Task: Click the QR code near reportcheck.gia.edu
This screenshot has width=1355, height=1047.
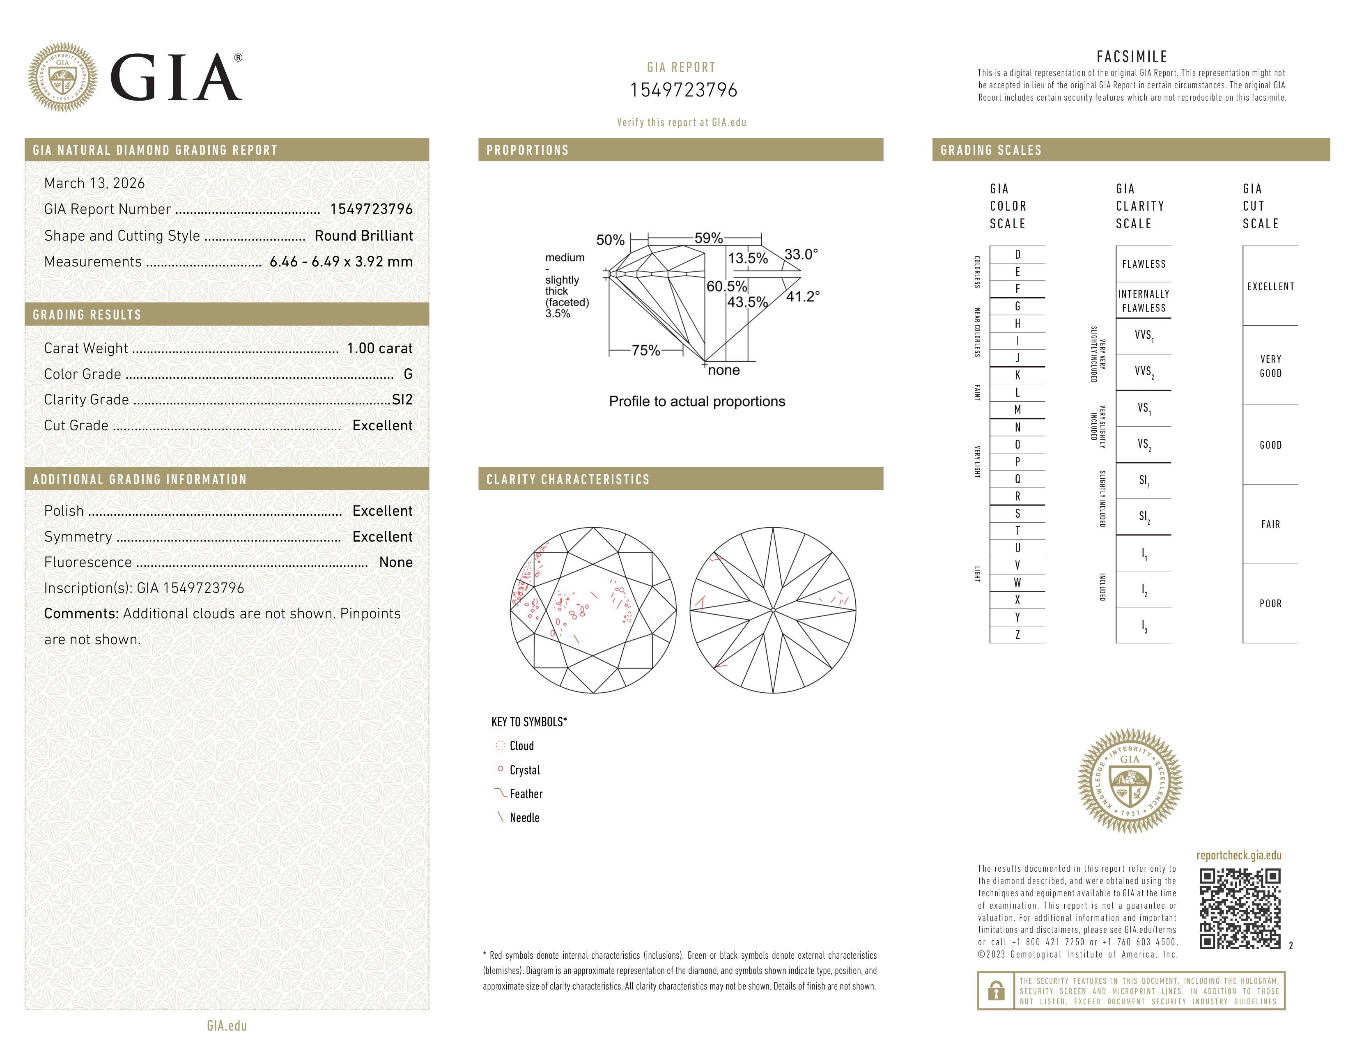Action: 1240,909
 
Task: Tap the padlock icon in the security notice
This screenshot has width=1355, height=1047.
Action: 996,991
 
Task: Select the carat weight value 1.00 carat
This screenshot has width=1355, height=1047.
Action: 379,348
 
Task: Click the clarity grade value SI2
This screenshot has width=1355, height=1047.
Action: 402,400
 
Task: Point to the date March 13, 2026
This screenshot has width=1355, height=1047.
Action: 94,183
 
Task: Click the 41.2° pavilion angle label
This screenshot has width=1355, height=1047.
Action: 802,296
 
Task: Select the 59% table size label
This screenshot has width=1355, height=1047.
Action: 708,238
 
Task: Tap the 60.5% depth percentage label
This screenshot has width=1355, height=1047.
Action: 726,286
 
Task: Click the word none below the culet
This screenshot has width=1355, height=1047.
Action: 723,370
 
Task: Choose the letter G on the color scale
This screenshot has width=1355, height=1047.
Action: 1017,306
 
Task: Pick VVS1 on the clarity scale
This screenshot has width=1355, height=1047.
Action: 1144,335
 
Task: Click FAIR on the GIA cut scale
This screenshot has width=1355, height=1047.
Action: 1270,524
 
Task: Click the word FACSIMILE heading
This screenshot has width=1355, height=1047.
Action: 1132,56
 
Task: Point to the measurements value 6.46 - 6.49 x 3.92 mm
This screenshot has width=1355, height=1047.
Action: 341,262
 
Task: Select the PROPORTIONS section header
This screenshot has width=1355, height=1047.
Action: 527,150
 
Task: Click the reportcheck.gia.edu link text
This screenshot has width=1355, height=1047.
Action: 1238,855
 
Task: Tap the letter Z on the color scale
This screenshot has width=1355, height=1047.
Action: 1017,634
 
